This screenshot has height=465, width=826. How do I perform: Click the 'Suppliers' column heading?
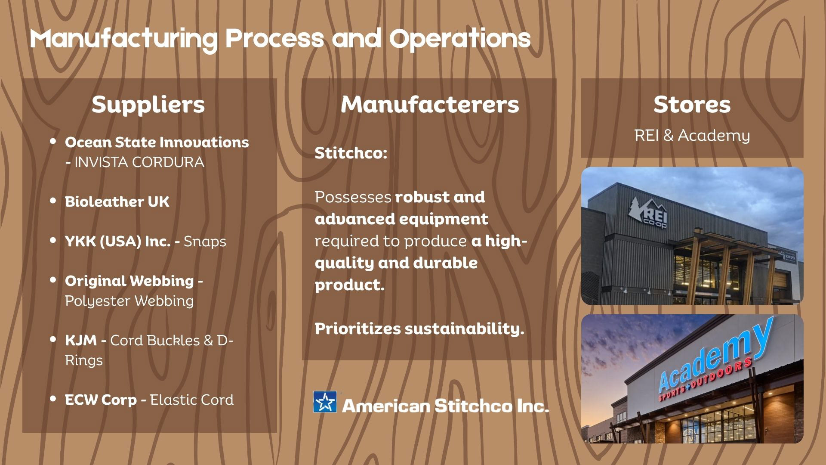tap(148, 105)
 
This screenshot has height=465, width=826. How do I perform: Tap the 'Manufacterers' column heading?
tap(430, 105)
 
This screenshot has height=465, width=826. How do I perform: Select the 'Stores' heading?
tap(692, 105)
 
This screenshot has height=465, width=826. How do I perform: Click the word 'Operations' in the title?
tap(460, 39)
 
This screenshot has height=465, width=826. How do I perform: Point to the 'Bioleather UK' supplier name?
tap(117, 201)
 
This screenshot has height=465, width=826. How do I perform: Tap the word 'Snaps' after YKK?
tap(205, 242)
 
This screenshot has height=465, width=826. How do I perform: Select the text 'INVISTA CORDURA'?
tap(139, 162)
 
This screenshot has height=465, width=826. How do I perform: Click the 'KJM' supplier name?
tap(81, 341)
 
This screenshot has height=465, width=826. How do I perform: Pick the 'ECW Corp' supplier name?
tap(101, 400)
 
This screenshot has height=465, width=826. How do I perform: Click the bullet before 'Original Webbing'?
tap(53, 280)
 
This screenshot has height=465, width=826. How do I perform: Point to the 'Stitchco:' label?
tap(351, 153)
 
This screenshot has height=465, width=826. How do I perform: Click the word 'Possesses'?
tap(353, 197)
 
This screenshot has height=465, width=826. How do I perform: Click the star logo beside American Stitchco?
tap(325, 402)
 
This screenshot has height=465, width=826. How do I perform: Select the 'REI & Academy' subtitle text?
tap(692, 136)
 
